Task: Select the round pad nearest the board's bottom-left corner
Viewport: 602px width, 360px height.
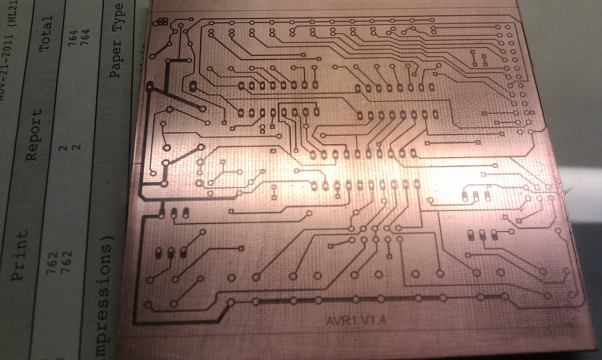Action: (x=149, y=305)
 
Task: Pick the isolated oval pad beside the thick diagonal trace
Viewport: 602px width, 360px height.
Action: (x=193, y=86)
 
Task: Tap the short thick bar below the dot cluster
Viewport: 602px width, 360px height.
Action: (x=179, y=61)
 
